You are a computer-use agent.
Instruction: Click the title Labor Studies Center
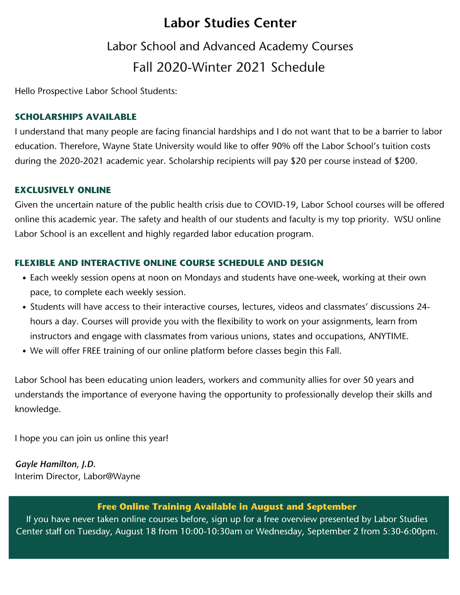click(230, 23)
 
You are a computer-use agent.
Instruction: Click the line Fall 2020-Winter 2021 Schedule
click(229, 67)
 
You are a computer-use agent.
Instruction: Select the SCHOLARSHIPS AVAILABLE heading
click(76, 117)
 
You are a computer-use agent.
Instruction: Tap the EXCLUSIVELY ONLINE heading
click(63, 190)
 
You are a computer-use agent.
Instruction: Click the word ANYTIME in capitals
click(388, 337)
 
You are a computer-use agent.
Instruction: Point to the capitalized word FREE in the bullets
click(92, 351)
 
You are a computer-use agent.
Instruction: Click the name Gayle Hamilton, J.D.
click(55, 464)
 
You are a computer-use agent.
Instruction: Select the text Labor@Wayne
click(112, 476)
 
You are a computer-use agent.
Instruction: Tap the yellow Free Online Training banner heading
click(227, 507)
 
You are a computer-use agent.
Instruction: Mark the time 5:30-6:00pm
click(409, 531)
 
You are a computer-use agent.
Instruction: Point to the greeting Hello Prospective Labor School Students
click(96, 91)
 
